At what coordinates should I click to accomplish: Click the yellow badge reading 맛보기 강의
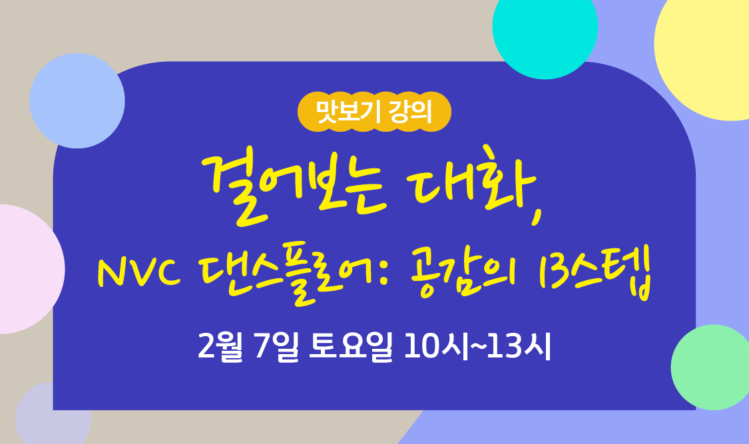pos(374,112)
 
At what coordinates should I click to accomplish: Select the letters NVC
pos(139,273)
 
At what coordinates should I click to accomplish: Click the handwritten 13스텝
pos(596,272)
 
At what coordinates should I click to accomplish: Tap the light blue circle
pos(77,101)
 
